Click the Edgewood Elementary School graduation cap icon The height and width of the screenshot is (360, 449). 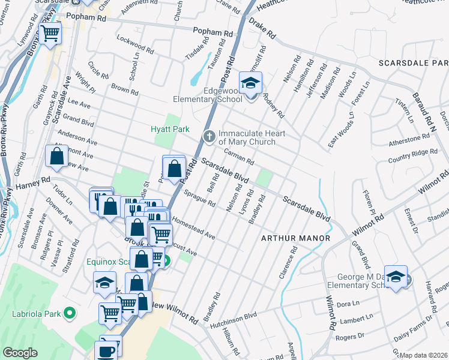coord(250,83)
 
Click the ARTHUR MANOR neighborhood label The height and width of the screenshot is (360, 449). coord(295,238)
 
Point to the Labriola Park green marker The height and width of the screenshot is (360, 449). coord(70,313)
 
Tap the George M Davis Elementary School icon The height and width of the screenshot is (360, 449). coord(396,277)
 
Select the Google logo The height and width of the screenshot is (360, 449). coord(20,353)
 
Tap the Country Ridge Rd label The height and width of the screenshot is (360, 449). coord(413,155)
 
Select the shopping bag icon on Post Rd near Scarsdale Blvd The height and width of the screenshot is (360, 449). coord(174,168)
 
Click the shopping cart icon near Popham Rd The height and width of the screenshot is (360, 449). coord(51,34)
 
